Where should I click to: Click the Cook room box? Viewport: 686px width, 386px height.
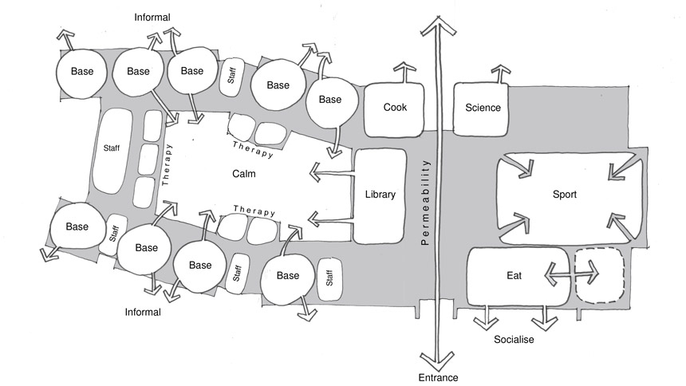(x=394, y=108)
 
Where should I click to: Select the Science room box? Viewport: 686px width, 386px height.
(x=483, y=108)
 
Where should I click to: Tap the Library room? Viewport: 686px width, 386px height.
(x=380, y=195)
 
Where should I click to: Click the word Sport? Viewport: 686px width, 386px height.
(x=564, y=194)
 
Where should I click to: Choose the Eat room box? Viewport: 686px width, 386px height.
(x=514, y=276)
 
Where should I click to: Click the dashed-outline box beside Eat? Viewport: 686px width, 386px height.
(x=600, y=276)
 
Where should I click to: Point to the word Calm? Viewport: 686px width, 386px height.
(x=244, y=174)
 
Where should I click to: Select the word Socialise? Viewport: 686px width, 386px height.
(x=513, y=340)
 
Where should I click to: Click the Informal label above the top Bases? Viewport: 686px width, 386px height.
(x=152, y=17)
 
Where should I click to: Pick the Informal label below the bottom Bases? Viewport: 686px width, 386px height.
(x=143, y=312)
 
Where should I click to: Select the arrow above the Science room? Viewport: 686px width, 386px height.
(x=499, y=73)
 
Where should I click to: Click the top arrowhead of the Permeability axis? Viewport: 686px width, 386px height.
(x=437, y=24)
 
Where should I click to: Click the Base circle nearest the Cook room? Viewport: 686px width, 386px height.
(x=329, y=100)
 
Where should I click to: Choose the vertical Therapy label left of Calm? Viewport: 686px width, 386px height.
(x=166, y=160)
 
